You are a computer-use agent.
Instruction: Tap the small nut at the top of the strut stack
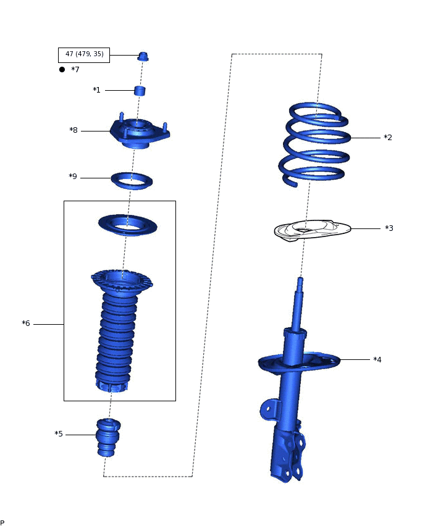pos(143,57)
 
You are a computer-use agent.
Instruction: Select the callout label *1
pos(96,90)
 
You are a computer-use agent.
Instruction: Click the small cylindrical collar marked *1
pos(140,91)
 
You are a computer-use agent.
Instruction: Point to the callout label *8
pos(74,130)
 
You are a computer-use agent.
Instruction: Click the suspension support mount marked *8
pos(139,133)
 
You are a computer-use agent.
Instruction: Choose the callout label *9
pos(73,177)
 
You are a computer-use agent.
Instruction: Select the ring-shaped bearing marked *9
pos(132,180)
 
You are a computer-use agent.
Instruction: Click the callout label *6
pos(26,324)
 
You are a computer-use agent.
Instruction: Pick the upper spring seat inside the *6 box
pos(127,224)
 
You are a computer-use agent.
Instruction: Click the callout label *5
pos(59,434)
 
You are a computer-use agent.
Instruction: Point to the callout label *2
pos(388,137)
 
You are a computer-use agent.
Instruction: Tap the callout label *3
pos(389,228)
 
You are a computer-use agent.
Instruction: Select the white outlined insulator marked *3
pos(312,231)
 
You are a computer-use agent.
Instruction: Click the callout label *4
pos(377,359)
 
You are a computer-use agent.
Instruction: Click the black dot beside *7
pos(62,70)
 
